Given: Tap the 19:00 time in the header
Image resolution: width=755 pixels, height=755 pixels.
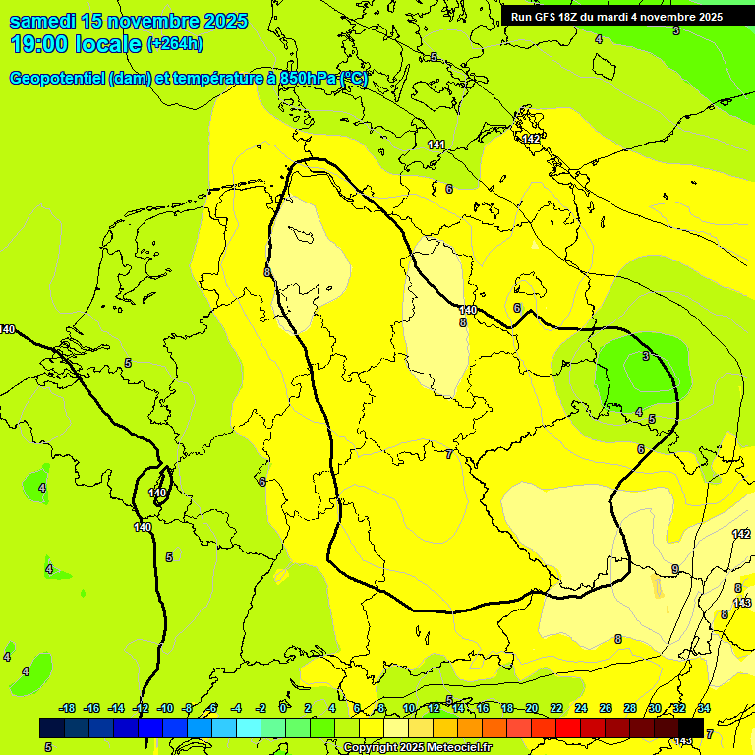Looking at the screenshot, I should pos(39,44).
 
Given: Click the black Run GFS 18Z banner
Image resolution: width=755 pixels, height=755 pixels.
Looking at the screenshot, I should pos(616,17).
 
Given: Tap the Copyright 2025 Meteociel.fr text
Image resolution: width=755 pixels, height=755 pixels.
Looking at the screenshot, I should pos(418,748).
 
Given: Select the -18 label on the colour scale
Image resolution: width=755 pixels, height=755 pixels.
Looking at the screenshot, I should pos(68,709).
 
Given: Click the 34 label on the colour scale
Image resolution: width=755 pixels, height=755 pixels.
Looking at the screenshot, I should pos(704,709).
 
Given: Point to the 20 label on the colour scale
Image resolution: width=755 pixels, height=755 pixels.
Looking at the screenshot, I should pos(532,709).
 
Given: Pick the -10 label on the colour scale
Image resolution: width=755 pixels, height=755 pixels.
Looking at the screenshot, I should pos(165,709).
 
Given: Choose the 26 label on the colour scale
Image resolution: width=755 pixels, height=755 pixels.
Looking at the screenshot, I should pos(606,709).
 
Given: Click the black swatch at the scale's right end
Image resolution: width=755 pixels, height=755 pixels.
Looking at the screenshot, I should pos(691,727).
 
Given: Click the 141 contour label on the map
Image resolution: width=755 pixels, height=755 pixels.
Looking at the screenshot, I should pos(436,145).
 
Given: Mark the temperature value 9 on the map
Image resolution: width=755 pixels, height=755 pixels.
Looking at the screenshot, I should pos(675,570).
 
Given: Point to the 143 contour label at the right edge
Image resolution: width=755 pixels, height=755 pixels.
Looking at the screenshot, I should pos(742,603).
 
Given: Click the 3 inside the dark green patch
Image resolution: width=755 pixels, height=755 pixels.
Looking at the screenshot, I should pos(646,356).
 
